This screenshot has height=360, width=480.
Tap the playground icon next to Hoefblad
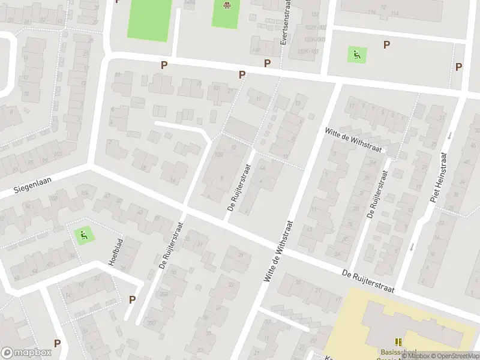coord(84,235)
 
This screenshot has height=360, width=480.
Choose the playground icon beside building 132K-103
coord(357,55)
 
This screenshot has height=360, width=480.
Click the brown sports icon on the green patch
coord(227,7)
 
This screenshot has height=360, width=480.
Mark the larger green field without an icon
coord(149,19)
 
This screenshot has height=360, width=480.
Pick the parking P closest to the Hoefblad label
coord(132,299)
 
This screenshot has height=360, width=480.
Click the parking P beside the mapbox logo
coord(57,343)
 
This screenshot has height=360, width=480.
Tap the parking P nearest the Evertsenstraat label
coord(267,63)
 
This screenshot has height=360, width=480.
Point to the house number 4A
coord(263,169)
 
